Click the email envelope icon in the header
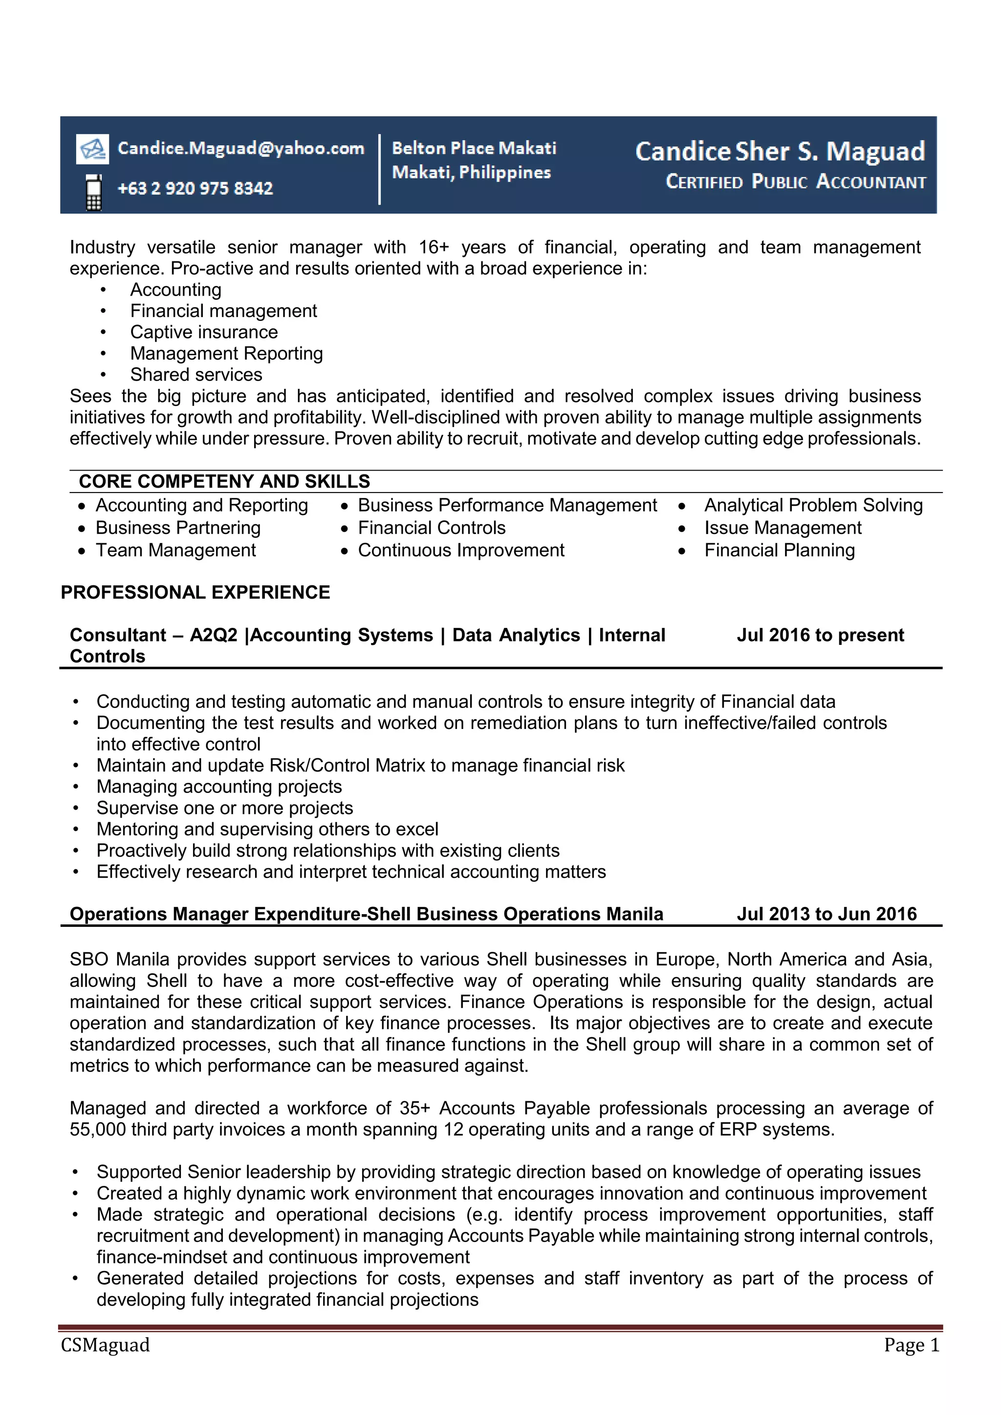click(92, 149)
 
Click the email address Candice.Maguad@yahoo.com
click(240, 149)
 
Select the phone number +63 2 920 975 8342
click(195, 188)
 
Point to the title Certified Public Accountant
click(795, 182)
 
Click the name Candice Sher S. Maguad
click(779, 151)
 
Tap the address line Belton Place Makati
click(474, 148)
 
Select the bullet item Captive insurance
click(203, 332)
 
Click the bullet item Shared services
click(196, 375)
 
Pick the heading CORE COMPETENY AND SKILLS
click(224, 481)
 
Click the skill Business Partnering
click(177, 528)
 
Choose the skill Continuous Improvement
click(460, 550)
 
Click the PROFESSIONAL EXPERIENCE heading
click(195, 592)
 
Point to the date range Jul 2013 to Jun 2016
click(826, 914)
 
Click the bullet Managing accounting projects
click(219, 787)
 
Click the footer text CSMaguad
click(105, 1345)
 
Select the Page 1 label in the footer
click(911, 1345)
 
